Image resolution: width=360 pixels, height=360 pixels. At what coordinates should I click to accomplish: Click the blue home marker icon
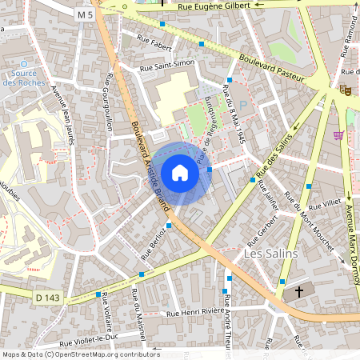pos(179,173)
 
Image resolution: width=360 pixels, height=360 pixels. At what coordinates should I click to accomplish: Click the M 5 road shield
pos(85,14)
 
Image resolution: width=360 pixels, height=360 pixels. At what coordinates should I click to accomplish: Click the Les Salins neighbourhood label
pos(269,254)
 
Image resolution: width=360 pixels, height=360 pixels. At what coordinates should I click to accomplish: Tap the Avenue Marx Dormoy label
pos(350,240)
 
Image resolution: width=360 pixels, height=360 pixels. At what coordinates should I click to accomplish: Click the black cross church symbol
pos(300,292)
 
